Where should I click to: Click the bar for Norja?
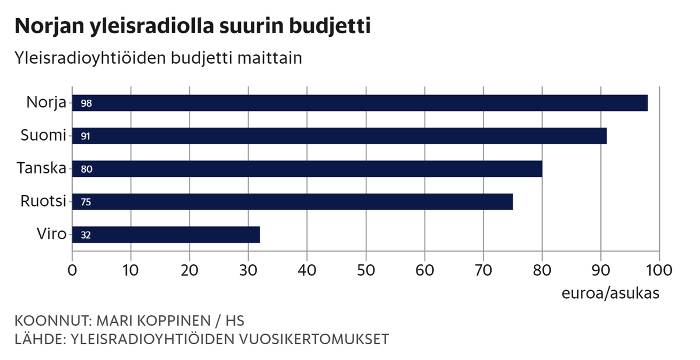[x=360, y=103]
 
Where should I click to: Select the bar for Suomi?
[x=339, y=136]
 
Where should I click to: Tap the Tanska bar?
[x=307, y=169]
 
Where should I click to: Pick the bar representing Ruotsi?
[x=292, y=202]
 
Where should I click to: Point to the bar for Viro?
[x=166, y=235]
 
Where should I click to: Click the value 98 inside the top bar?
[x=86, y=104]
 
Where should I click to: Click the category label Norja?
[x=46, y=103]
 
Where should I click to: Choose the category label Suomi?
[x=43, y=136]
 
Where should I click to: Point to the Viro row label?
[x=51, y=235]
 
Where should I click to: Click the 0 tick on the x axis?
[x=72, y=271]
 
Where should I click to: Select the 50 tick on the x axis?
[x=366, y=271]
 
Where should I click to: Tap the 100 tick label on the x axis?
[x=659, y=271]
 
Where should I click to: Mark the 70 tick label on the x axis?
[x=483, y=271]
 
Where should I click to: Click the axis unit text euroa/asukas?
[x=610, y=293]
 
